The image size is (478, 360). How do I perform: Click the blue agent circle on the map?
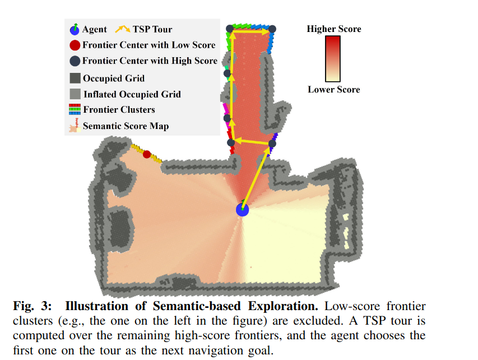242,209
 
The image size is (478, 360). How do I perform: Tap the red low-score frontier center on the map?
147,154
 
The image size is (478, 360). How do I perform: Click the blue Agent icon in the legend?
75,29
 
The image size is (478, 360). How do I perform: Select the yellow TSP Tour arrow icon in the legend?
122,29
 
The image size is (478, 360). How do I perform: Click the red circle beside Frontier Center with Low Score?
75,45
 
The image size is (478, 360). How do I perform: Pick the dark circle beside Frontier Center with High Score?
75,61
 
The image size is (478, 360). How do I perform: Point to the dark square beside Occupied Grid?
75,78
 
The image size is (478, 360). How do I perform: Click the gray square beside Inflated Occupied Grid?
75,94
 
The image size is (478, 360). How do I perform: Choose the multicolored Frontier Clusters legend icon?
75,110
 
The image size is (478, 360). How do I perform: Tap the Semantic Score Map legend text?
126,126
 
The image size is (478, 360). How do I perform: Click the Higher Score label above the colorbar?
333,29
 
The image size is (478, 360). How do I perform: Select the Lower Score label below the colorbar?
333,89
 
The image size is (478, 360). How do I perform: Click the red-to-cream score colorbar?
333,59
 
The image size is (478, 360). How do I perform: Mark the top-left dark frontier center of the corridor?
230,29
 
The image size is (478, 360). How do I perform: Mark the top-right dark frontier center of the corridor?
272,29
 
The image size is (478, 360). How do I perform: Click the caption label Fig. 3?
33,307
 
